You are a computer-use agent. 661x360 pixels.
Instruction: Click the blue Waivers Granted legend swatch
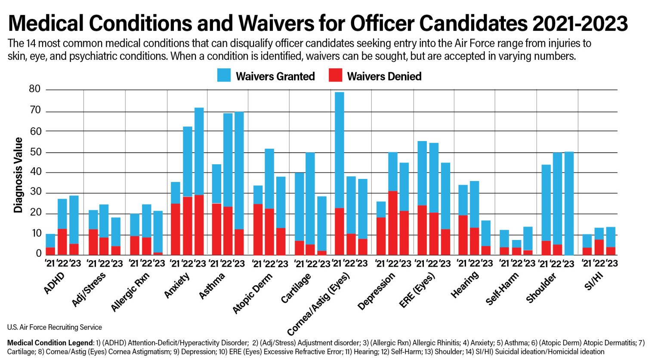(x=224, y=76)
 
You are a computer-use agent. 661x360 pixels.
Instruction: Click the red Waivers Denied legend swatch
(x=335, y=76)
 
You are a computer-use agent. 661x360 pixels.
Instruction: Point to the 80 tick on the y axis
(x=35, y=89)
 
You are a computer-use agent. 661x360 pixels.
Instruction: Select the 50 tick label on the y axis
(x=35, y=152)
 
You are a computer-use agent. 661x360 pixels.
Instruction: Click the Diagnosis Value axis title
(x=18, y=175)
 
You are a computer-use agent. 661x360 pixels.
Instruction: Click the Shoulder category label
(x=541, y=288)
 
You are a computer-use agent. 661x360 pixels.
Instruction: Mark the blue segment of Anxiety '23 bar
(x=199, y=151)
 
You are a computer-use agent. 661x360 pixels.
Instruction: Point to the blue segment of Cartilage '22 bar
(x=310, y=198)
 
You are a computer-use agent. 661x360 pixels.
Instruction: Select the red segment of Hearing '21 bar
(x=463, y=235)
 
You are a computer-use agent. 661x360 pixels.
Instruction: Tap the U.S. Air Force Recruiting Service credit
(x=55, y=327)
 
